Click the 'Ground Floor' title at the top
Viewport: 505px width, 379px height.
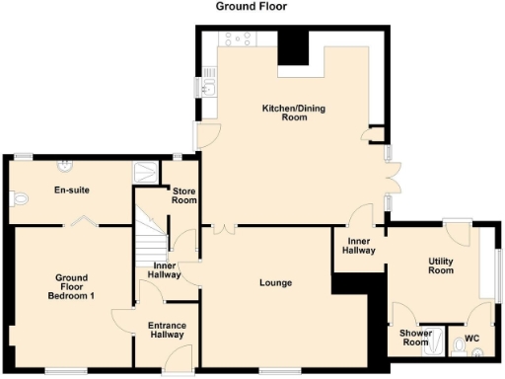pos(252,6)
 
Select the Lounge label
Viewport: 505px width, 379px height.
pos(275,284)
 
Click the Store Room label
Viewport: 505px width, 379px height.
pos(184,194)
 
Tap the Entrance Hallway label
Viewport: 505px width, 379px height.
pos(167,331)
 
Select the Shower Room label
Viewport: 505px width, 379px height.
pos(414,337)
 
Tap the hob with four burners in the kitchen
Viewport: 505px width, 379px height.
pos(238,38)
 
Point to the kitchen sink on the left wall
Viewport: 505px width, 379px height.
pos(208,90)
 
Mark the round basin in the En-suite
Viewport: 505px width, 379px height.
pos(67,164)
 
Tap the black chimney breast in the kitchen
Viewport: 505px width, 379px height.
pos(293,46)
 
